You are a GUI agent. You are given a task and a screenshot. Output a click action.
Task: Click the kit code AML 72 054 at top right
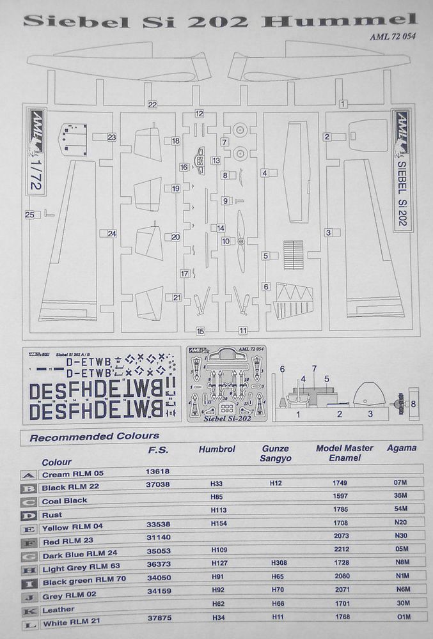click(x=393, y=36)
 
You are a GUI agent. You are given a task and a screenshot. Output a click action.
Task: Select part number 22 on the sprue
click(x=152, y=104)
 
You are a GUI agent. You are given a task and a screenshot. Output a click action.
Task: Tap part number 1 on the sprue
click(x=343, y=104)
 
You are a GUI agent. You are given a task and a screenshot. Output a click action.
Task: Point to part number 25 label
click(x=29, y=215)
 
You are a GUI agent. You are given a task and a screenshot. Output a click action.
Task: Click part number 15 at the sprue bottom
click(x=200, y=331)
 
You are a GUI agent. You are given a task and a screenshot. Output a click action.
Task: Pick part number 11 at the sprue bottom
click(x=243, y=331)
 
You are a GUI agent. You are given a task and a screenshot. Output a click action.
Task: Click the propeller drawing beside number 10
click(x=241, y=242)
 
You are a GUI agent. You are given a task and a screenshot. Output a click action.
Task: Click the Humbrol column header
click(x=217, y=449)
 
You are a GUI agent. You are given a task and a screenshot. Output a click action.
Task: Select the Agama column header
click(x=401, y=449)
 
